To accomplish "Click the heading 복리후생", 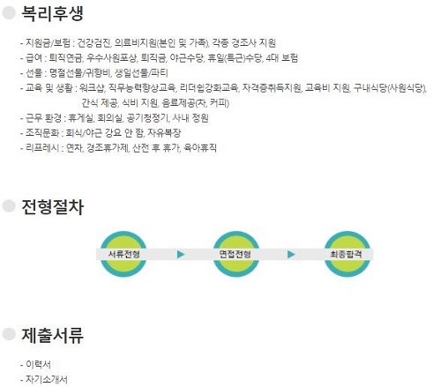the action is [x=53, y=13].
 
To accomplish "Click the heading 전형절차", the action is [x=53, y=207].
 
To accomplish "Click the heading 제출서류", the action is [x=53, y=335].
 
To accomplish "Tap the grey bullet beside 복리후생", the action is [x=9, y=12].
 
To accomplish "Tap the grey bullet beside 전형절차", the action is [x=9, y=205].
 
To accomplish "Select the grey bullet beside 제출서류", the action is [x=9, y=334].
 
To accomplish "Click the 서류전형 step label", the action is [x=123, y=254].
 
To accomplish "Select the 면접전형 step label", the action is [x=235, y=254].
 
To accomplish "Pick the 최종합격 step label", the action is [x=346, y=254].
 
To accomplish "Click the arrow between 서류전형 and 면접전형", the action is [x=181, y=254].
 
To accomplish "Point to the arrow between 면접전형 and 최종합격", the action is [x=291, y=254].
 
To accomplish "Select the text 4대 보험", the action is [x=281, y=58].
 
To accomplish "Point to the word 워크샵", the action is [x=92, y=87].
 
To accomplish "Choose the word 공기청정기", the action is [x=147, y=118].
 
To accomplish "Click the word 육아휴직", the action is [x=200, y=148].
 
